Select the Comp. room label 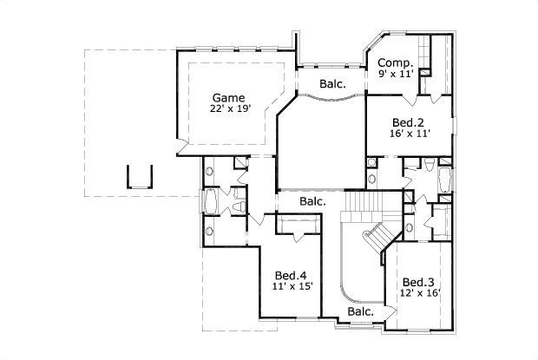(394, 62)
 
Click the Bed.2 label (408, 123)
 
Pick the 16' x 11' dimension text (408, 135)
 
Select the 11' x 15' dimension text (292, 285)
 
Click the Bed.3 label (418, 282)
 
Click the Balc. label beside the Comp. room (332, 84)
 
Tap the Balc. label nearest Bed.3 (361, 311)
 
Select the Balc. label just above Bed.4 (312, 201)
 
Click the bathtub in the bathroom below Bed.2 (445, 180)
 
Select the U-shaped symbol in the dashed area (140, 176)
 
